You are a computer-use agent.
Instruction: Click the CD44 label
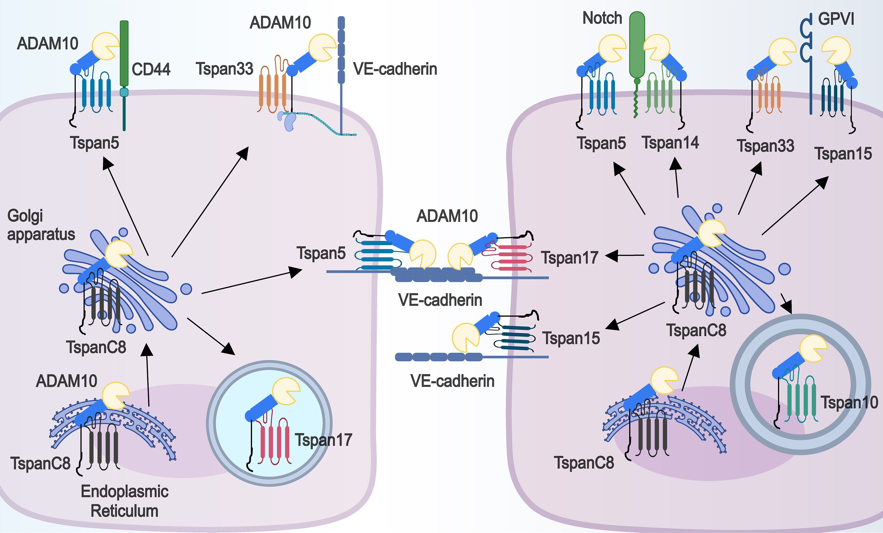tap(151, 69)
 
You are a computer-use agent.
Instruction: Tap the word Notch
tap(602, 18)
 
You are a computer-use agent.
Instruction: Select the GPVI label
tap(836, 19)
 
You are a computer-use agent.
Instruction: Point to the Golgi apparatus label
tap(41, 225)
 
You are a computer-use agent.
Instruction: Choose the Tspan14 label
tap(670, 143)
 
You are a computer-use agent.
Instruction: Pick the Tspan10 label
tap(849, 402)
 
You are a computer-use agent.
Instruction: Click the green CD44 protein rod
tap(124, 54)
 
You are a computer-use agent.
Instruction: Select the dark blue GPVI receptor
tap(810, 65)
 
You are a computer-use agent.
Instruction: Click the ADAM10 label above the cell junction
tap(447, 216)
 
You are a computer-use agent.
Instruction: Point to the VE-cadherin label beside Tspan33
tap(395, 69)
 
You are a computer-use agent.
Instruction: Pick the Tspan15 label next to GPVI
tap(843, 153)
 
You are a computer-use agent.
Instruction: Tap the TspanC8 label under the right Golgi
tap(696, 330)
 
